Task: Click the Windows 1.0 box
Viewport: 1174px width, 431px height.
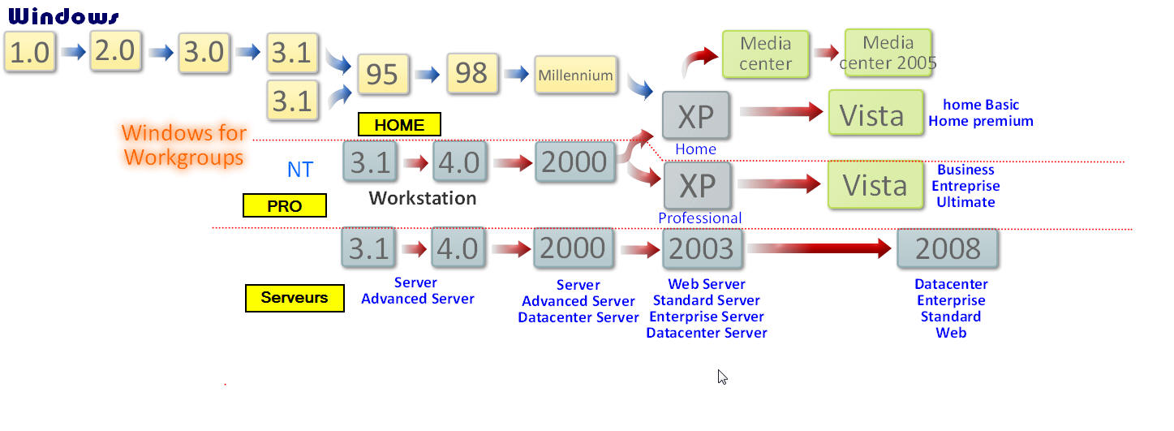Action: [30, 53]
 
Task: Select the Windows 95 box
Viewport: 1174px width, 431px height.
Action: [382, 75]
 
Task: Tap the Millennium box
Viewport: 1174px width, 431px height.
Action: [575, 75]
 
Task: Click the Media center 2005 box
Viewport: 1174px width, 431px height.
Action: [888, 53]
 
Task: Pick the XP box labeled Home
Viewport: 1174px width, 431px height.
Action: [695, 116]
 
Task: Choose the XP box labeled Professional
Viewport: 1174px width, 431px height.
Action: [696, 186]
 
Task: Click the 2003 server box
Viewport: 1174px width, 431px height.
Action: [702, 248]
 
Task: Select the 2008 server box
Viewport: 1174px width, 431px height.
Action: [948, 248]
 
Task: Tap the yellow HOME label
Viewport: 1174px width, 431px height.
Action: [399, 124]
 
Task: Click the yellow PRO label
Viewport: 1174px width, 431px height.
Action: [284, 206]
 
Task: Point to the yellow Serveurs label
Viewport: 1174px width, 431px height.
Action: [295, 298]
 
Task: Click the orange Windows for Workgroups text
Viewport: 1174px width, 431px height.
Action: [184, 144]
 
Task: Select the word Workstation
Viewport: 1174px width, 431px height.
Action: [422, 198]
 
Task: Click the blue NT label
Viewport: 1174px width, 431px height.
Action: [300, 169]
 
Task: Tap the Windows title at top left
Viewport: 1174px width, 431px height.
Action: [62, 16]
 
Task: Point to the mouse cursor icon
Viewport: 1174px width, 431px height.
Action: [722, 376]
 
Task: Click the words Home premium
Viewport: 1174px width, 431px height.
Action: [981, 121]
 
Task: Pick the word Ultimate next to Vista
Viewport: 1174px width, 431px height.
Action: [965, 202]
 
